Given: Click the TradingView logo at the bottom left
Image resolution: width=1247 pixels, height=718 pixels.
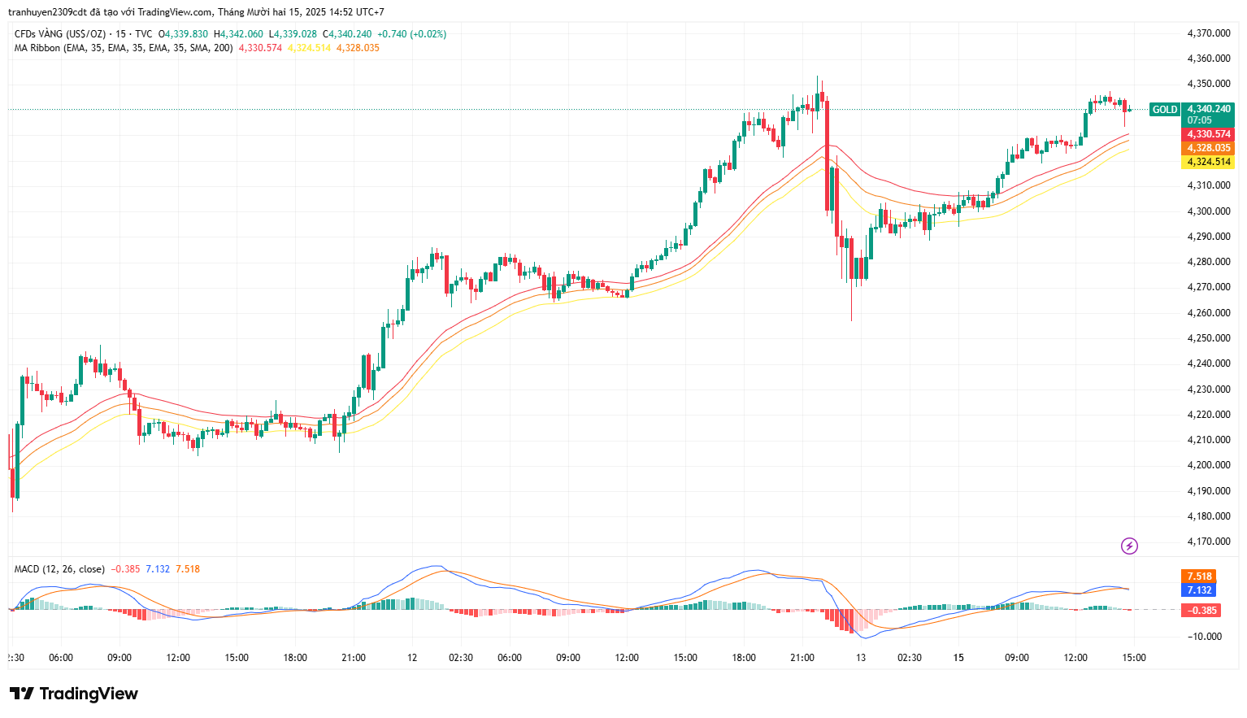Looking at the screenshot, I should tap(74, 694).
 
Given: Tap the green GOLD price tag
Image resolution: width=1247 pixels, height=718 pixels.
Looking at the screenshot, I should tap(1164, 110).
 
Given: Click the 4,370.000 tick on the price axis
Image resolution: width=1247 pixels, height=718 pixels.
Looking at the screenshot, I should tap(1208, 33).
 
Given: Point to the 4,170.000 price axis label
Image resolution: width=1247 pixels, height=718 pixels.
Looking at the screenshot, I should tap(1208, 542).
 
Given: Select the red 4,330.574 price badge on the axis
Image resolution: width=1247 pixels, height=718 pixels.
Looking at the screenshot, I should tap(1208, 134).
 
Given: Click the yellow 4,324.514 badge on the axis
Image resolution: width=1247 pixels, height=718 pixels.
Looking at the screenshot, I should tap(1208, 162).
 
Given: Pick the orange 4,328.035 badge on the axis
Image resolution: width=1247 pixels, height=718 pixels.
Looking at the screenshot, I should tap(1208, 148).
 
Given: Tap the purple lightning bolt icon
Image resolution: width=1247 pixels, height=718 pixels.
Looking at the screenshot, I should tap(1129, 546).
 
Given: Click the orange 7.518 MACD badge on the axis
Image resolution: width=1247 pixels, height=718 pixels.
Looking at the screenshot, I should tap(1199, 577).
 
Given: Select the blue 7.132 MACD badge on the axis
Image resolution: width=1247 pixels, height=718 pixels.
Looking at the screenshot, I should tap(1199, 590).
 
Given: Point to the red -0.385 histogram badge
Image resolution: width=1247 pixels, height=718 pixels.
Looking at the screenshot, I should tap(1201, 611).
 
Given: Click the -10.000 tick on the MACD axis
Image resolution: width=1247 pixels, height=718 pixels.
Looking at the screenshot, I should tap(1205, 637).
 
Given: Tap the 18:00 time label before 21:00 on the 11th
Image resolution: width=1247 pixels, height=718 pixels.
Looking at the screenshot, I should tap(295, 658).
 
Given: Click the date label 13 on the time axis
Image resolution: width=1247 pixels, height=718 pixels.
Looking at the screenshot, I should tap(861, 658).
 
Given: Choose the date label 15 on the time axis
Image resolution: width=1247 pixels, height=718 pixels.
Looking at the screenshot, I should tap(958, 658).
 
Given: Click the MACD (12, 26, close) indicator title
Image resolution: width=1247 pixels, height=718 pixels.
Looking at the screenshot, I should tap(59, 569).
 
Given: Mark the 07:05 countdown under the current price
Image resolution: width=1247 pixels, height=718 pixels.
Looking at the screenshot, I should tap(1199, 120).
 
